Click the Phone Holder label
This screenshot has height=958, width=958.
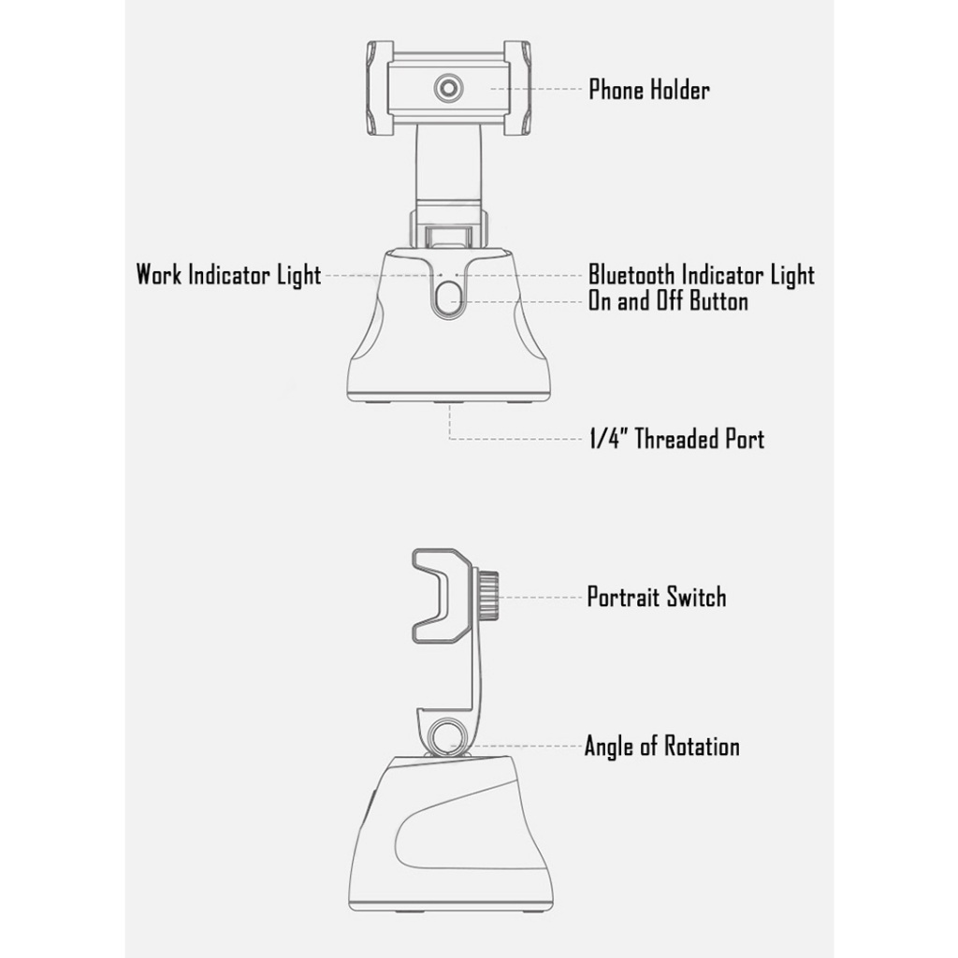tap(648, 90)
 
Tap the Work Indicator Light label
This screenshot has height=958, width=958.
tap(228, 275)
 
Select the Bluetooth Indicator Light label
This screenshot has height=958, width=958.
tap(701, 275)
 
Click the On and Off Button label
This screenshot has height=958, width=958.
tap(667, 301)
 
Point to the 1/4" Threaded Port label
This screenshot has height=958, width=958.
tap(675, 439)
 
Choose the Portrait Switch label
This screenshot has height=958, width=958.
tap(656, 597)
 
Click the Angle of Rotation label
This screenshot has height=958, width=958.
tap(661, 747)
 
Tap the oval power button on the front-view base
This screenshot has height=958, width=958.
tap(448, 301)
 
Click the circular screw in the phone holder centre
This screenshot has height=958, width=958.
tap(448, 89)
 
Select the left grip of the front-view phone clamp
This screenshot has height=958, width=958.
tap(379, 88)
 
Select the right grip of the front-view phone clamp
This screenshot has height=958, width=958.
tap(517, 88)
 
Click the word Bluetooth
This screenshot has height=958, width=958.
tap(631, 275)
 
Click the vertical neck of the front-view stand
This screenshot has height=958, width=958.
tap(448, 168)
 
